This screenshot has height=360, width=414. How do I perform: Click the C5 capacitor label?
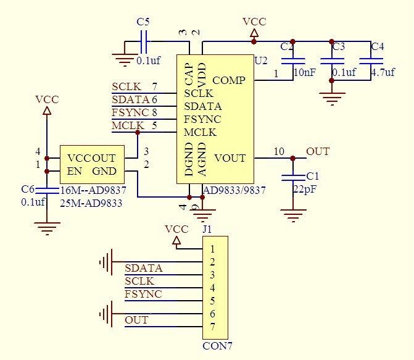143,22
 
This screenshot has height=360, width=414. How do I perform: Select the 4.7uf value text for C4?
383,72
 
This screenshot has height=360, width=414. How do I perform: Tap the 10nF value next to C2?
305,72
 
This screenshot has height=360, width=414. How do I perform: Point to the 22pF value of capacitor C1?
304,189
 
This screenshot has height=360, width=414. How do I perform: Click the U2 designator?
261,60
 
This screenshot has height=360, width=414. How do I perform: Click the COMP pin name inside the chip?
229,80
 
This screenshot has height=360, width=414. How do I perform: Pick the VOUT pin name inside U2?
230,158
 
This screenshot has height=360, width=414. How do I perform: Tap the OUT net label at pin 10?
318,151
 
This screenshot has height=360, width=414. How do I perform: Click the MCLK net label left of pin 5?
126,126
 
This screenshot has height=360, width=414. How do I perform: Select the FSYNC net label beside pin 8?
130,112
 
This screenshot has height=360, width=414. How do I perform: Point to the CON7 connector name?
217,346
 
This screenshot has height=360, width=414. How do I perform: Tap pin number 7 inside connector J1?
212,327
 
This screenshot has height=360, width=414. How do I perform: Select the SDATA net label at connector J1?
144,268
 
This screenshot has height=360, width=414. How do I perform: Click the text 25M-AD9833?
91,202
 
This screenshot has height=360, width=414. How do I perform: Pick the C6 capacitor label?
27,189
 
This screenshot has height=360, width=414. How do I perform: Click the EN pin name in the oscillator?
74,171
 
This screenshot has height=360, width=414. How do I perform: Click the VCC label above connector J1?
176,229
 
